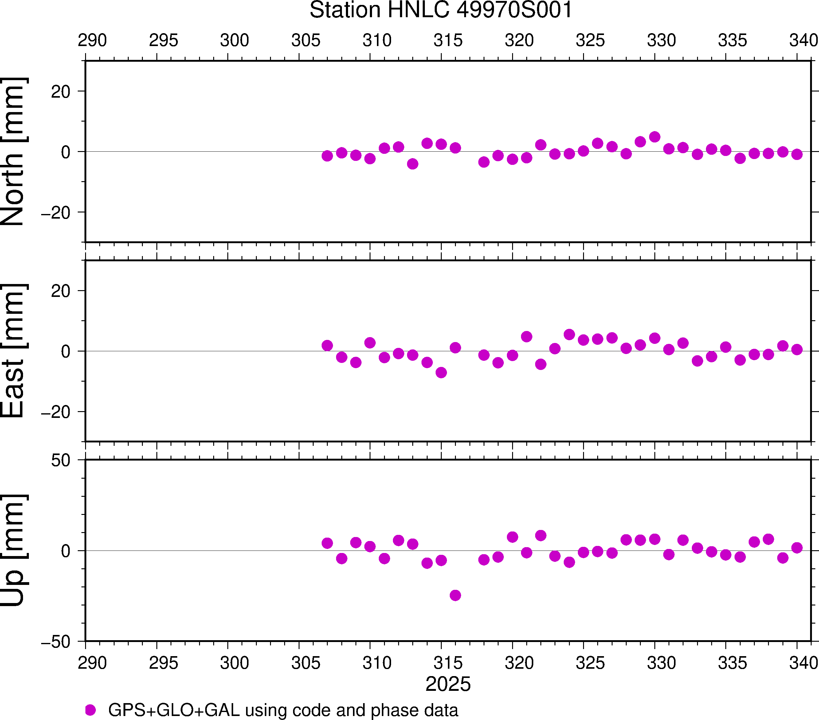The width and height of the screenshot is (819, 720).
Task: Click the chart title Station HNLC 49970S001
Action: [441, 10]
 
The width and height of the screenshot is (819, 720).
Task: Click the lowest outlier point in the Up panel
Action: [455, 595]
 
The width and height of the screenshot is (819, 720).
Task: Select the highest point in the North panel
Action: [655, 137]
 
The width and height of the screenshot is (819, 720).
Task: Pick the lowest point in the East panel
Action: [441, 373]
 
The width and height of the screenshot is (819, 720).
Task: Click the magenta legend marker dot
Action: [91, 710]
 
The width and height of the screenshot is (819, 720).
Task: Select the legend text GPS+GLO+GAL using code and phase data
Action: [283, 710]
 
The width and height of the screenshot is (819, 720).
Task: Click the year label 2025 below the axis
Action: [448, 684]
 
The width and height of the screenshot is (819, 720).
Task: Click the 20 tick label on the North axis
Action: [61, 92]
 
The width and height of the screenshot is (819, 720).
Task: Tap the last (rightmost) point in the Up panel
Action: [797, 548]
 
